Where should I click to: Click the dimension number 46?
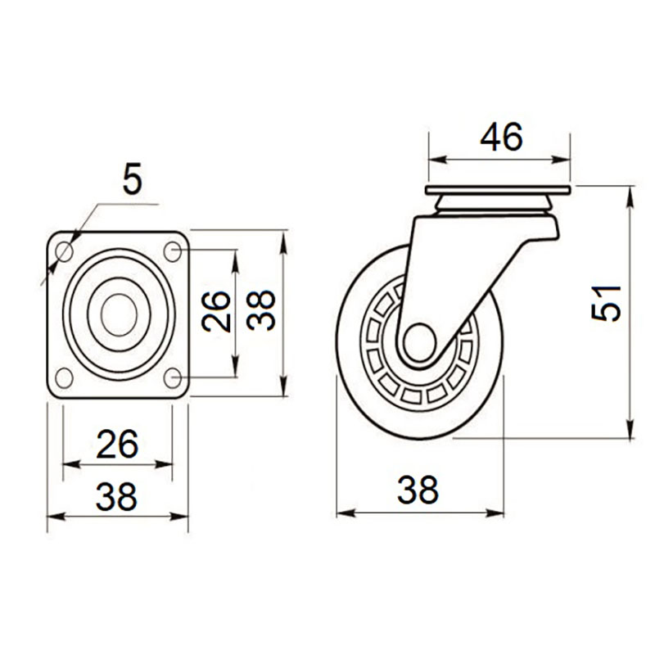coord(501,137)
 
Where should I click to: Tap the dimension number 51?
coord(607,303)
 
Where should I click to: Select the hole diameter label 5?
coord(133,179)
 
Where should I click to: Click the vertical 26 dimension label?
coord(216,311)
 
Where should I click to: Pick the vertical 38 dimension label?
coord(261,310)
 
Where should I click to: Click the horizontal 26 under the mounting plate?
coord(117,444)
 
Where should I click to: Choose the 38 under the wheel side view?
coord(418,490)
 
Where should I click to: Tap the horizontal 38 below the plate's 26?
coord(116,497)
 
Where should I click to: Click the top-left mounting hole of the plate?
coord(65,251)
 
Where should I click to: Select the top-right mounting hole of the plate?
coord(172,251)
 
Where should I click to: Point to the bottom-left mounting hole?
coord(65,377)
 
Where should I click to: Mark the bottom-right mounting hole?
coord(172,377)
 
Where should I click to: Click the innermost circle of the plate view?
coord(119,314)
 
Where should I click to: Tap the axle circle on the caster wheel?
coord(420,343)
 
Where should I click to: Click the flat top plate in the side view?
coord(498,190)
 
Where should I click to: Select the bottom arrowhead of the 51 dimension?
coord(630,430)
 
